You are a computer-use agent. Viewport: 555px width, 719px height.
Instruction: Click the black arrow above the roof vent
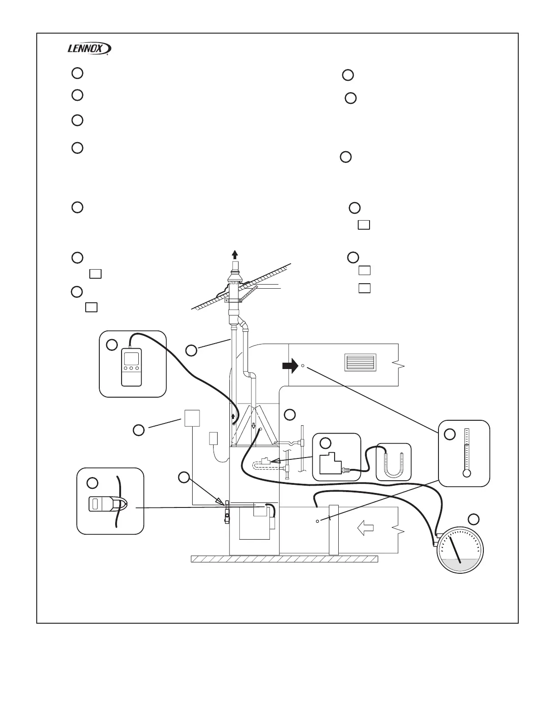click(x=234, y=254)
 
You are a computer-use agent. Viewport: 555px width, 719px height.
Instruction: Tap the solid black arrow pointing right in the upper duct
click(x=290, y=365)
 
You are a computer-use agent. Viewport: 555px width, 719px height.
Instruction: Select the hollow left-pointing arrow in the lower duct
click(x=365, y=527)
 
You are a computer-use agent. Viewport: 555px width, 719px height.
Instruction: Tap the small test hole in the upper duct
click(x=303, y=364)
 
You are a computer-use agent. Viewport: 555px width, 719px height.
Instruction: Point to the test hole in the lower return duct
click(x=317, y=521)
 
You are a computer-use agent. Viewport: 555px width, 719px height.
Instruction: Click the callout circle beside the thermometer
click(x=449, y=434)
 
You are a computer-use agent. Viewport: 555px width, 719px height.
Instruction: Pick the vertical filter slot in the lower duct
click(x=334, y=529)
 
